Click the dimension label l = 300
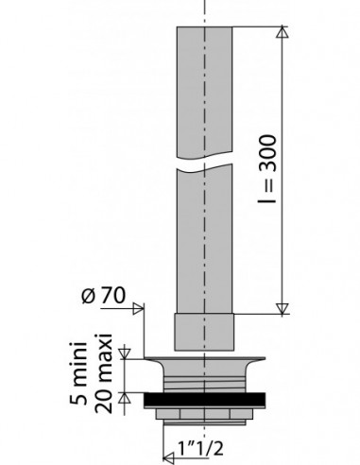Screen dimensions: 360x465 click(x=267, y=169)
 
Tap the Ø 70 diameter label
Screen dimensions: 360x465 click(x=103, y=296)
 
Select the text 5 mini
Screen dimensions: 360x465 click(x=78, y=373)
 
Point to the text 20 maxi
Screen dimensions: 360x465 click(x=103, y=373)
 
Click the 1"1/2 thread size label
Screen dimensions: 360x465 click(x=200, y=448)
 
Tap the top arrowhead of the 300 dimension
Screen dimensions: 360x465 click(x=283, y=32)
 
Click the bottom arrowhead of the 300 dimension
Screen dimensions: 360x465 click(x=283, y=309)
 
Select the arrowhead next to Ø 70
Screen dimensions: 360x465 click(x=138, y=308)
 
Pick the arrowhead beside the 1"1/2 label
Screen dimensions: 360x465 click(x=169, y=456)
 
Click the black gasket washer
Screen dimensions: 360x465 click(x=204, y=399)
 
